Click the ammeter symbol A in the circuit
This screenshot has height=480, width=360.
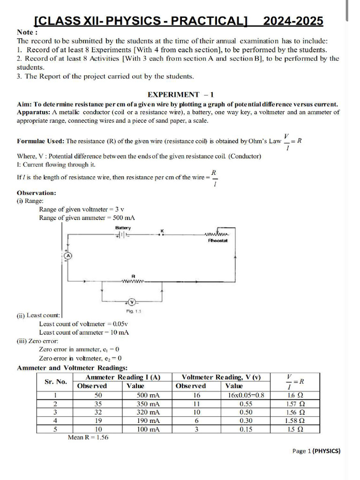pyautogui.click(x=67, y=256)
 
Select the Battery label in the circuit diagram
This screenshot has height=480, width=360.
pyautogui.click(x=123, y=228)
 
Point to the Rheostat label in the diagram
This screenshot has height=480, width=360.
pyautogui.click(x=217, y=240)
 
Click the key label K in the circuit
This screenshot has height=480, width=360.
pyautogui.click(x=162, y=230)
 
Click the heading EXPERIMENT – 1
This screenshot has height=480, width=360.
pyautogui.click(x=180, y=94)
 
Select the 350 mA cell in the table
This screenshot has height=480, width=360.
pyautogui.click(x=148, y=404)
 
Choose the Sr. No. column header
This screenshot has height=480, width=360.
pyautogui.click(x=56, y=382)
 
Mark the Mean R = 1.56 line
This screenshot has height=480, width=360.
pyautogui.click(x=88, y=437)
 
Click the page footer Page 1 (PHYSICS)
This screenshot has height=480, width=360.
pyautogui.click(x=316, y=451)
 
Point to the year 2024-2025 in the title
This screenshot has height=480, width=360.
pyautogui.click(x=293, y=21)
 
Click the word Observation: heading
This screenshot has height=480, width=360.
pyautogui.click(x=37, y=193)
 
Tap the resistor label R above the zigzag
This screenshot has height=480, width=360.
pyautogui.click(x=134, y=277)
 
